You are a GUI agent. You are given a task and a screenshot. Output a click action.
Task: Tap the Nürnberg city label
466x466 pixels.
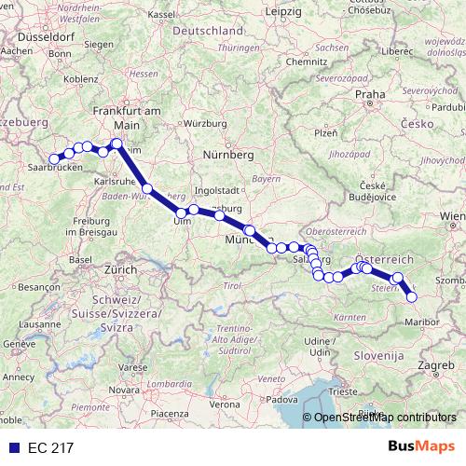tap(228, 153)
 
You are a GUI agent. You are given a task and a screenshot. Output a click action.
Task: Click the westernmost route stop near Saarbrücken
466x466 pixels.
tap(54, 159)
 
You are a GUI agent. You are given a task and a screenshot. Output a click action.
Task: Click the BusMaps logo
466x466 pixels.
tap(427, 446)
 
